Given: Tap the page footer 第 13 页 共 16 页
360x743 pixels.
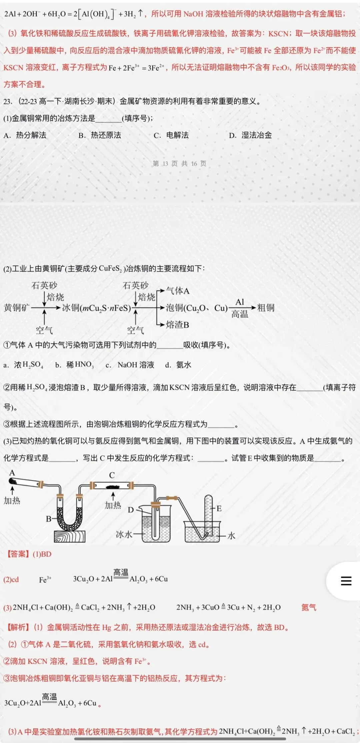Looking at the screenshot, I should click(x=179, y=164).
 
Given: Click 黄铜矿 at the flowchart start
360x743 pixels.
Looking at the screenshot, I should click(x=17, y=308).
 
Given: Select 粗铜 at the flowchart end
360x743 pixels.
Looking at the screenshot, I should click(x=266, y=308).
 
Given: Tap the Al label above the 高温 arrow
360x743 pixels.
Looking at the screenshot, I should click(x=240, y=302).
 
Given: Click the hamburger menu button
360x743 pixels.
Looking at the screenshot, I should click(x=346, y=581).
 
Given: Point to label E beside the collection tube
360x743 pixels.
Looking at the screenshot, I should click(x=219, y=508).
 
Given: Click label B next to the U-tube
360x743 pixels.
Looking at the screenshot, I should click(x=49, y=519).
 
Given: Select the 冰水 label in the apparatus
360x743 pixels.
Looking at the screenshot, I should click(x=124, y=534).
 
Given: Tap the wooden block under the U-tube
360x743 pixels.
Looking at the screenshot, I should click(x=70, y=536).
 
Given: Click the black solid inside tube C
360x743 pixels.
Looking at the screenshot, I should click(x=112, y=486).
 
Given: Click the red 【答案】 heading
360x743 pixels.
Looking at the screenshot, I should click(x=18, y=554).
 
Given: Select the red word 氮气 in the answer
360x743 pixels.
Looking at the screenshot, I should click(x=309, y=607).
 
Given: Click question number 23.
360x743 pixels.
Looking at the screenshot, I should click(x=8, y=101).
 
